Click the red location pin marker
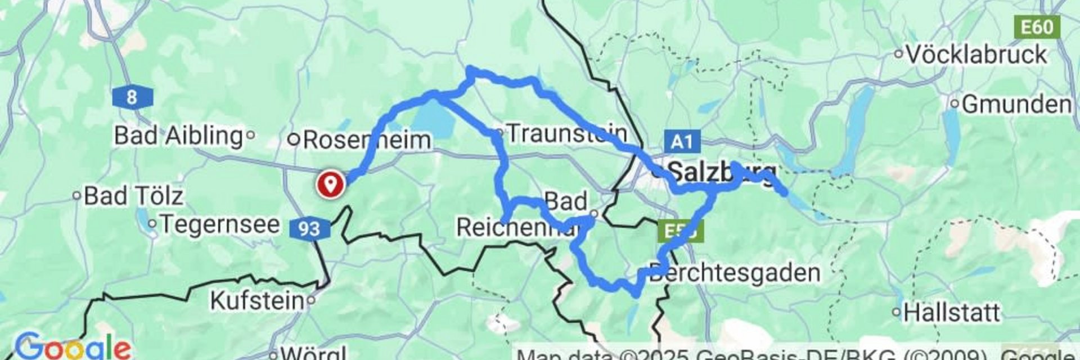[x=330, y=183]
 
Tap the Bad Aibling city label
[x=178, y=136]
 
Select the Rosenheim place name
[x=366, y=139]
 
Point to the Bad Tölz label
[x=133, y=196]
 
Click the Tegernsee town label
[x=219, y=224]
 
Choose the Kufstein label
[x=257, y=300]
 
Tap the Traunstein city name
[x=566, y=133]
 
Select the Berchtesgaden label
[x=734, y=273]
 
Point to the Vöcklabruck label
[x=976, y=55]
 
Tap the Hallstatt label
[x=951, y=312]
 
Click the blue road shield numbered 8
[x=132, y=97]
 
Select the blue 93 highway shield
[x=309, y=228]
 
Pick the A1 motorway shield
[x=682, y=141]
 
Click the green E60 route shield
[x=1037, y=27]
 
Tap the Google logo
[x=73, y=347]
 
